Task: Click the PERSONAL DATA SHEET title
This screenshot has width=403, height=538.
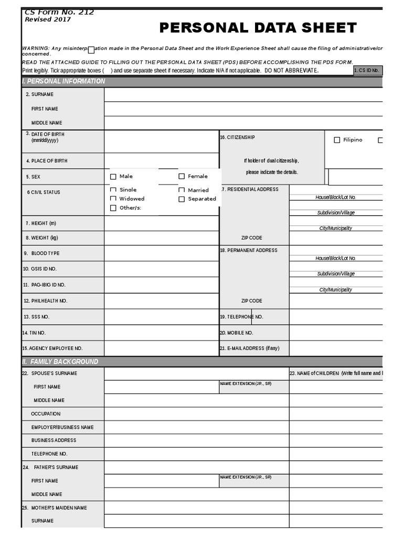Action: pos(258,28)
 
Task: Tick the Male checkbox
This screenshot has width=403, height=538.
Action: pos(113,177)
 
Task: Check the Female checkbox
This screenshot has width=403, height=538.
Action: pos(182,177)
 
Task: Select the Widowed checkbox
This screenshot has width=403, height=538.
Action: pos(113,199)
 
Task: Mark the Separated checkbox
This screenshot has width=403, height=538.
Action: pos(182,199)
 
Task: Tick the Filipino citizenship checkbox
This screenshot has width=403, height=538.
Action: pos(337,140)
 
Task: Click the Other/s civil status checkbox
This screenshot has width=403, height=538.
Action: pos(113,208)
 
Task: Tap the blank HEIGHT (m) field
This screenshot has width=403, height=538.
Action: pos(161,223)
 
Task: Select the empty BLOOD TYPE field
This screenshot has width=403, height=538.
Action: pos(161,253)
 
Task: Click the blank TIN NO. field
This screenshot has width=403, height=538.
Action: pos(161,333)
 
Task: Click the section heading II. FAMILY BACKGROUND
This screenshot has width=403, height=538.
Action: pos(60,362)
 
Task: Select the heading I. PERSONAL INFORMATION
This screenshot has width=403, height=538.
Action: pos(63,81)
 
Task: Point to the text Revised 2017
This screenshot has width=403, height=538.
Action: pos(48,19)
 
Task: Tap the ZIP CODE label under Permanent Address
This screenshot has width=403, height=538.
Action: pos(251,301)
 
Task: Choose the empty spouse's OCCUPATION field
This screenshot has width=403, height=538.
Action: pos(196,414)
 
